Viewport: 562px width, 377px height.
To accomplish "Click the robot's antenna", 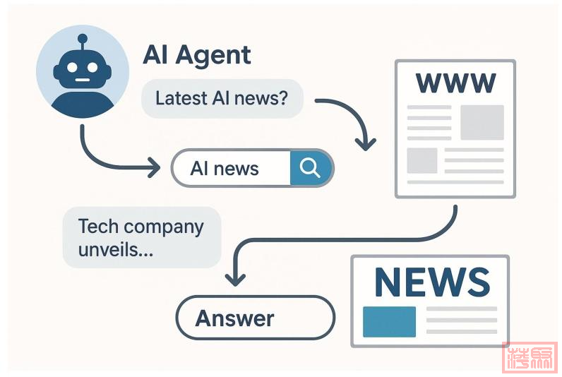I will coord(82,40).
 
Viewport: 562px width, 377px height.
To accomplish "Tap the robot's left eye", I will coord(71,68).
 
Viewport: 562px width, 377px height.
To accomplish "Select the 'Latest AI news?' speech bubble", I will coord(222,98).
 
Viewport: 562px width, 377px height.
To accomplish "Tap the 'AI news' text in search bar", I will coord(225,169).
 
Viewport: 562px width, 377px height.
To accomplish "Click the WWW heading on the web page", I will coord(455,83).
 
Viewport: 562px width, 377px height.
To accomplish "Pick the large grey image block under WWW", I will coord(482,122).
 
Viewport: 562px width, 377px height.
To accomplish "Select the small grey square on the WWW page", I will coord(421,160).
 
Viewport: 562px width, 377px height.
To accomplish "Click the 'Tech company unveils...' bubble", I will coord(141,237).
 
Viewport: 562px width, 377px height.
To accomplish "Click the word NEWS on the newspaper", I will coord(431,280).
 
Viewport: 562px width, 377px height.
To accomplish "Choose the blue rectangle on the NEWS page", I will coord(389,322).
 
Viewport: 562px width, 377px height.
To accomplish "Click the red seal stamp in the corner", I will coord(530,357).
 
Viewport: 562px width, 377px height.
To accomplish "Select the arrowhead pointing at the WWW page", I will coord(366,143).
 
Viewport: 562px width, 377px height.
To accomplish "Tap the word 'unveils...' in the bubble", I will coord(116,249).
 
